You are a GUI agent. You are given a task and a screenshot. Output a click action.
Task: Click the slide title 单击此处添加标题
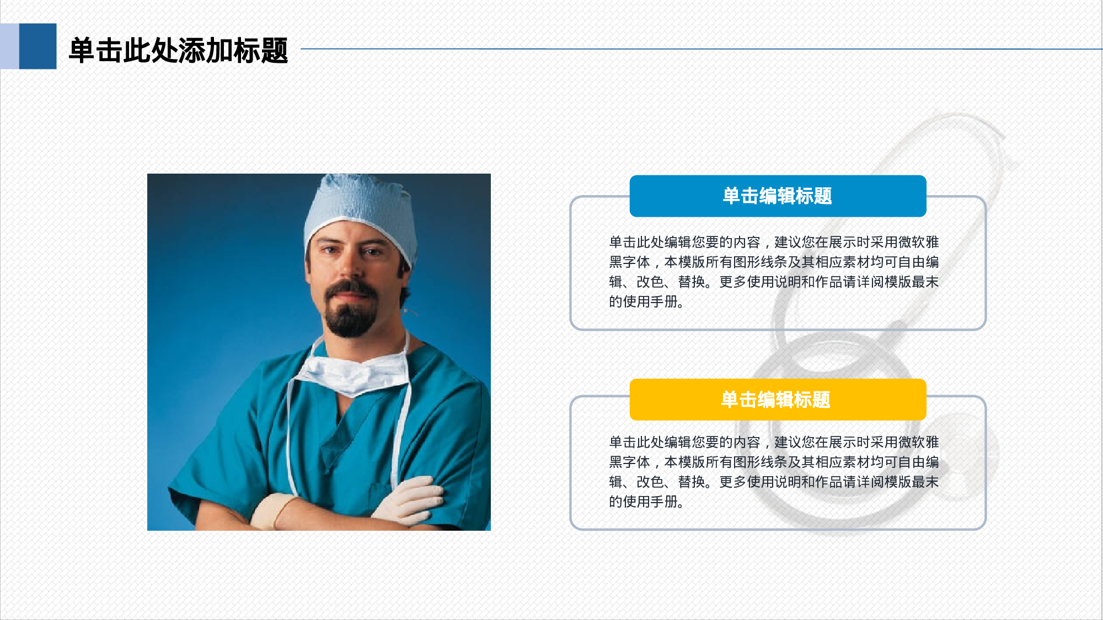click(x=178, y=51)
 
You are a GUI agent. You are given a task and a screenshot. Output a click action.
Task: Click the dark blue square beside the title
click(x=38, y=46)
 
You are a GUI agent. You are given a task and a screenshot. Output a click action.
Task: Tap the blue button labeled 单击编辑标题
click(x=778, y=196)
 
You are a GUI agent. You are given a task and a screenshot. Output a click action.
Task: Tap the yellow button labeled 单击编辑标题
click(x=778, y=400)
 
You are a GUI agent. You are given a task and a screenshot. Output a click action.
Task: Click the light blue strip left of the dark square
click(x=9, y=46)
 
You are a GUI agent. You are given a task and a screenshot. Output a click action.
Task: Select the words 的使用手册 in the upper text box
click(x=645, y=302)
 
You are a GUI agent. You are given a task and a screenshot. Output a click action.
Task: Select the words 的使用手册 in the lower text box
click(x=645, y=502)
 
